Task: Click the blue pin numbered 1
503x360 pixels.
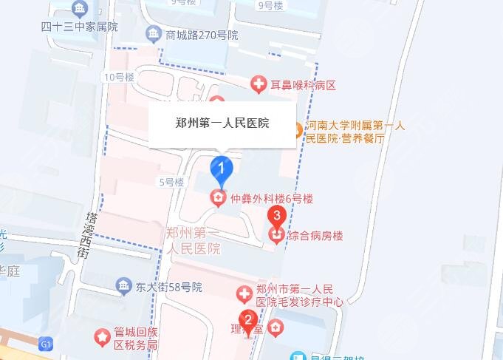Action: pyautogui.click(x=221, y=169)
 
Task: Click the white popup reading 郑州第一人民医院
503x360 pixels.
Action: pyautogui.click(x=223, y=123)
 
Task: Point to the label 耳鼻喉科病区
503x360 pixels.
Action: pyautogui.click(x=304, y=85)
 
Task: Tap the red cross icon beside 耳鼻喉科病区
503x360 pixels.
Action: pyautogui.click(x=259, y=85)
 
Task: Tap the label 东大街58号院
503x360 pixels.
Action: pyautogui.click(x=168, y=287)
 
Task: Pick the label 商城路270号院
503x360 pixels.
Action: pyautogui.click(x=202, y=35)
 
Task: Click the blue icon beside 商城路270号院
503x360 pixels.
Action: pyautogui.click(x=153, y=34)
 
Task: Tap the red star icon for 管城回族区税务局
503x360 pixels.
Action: pyautogui.click(x=102, y=337)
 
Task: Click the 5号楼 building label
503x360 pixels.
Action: pyautogui.click(x=170, y=181)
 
